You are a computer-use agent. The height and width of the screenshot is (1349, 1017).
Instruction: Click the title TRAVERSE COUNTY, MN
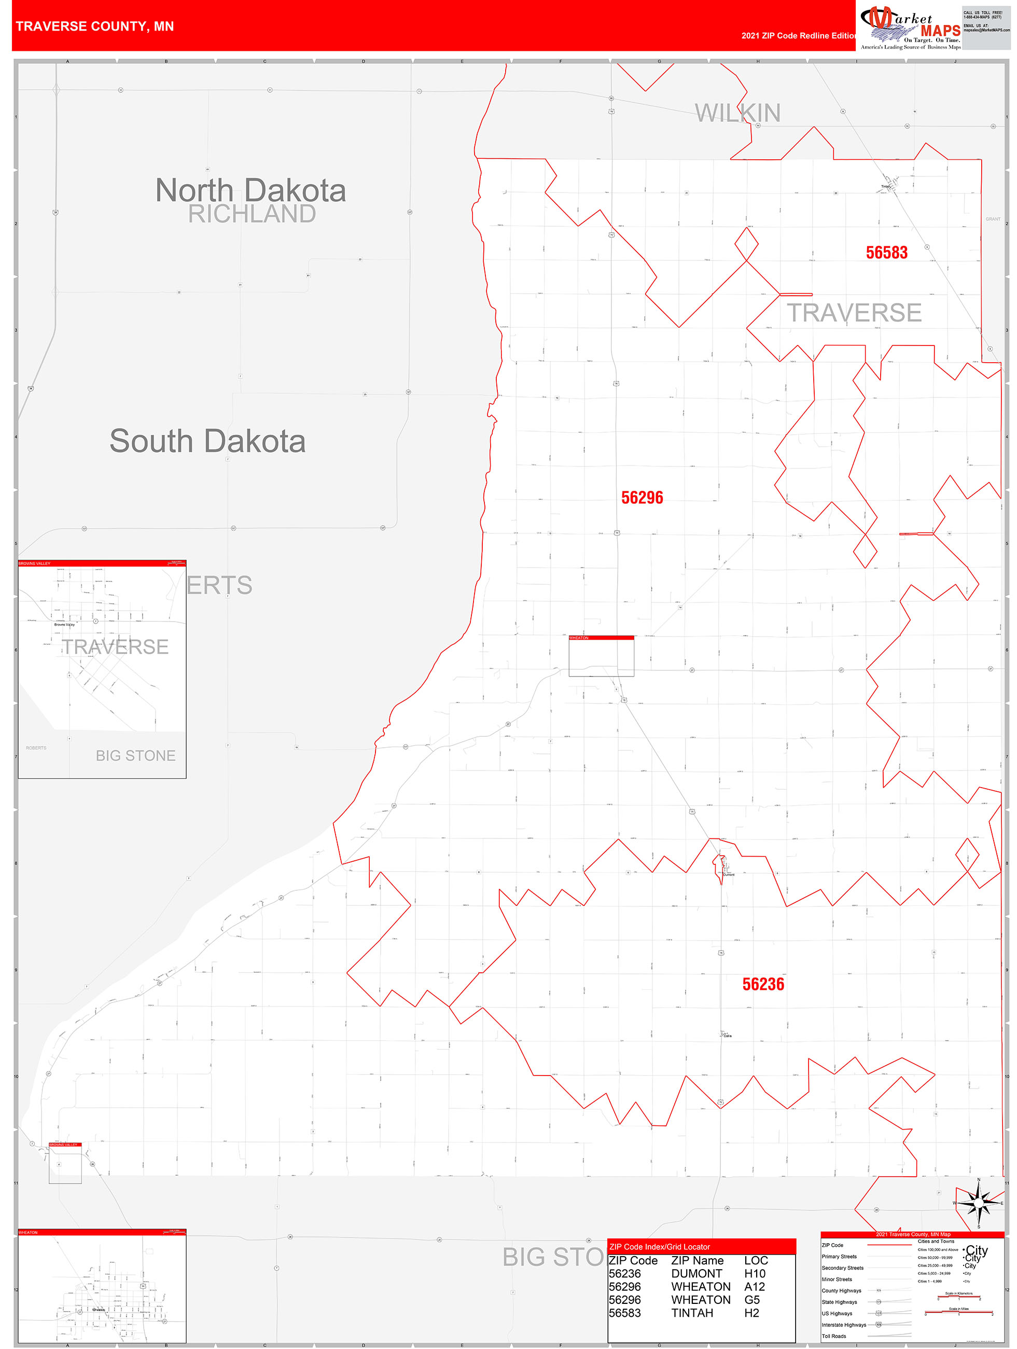pyautogui.click(x=94, y=26)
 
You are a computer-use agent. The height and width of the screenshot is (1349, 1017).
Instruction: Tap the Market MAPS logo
pyautogui.click(x=910, y=28)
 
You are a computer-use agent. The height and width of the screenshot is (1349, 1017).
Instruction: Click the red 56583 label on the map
pyautogui.click(x=886, y=253)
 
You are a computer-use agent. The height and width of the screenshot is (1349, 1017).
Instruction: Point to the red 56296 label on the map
pyautogui.click(x=642, y=498)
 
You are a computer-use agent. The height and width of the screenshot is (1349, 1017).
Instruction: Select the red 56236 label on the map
pyautogui.click(x=763, y=984)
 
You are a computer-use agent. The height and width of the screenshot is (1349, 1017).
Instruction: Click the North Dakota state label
pyautogui.click(x=250, y=190)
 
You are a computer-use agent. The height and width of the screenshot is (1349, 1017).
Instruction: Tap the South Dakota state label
pyautogui.click(x=207, y=441)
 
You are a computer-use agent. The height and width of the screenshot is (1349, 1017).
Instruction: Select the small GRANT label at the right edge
pyautogui.click(x=993, y=219)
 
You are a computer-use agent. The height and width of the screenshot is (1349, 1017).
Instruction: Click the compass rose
pyautogui.click(x=979, y=1203)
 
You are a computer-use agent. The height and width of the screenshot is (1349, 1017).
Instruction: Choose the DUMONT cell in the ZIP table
pyautogui.click(x=696, y=1273)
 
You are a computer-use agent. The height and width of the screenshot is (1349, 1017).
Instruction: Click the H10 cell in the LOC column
pyautogui.click(x=754, y=1273)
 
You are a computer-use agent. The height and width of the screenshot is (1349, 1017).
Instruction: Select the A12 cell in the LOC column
pyautogui.click(x=754, y=1286)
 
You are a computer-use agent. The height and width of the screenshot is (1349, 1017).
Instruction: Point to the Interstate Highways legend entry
pyautogui.click(x=844, y=1325)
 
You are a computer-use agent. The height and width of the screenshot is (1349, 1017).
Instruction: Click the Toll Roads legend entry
pyautogui.click(x=833, y=1336)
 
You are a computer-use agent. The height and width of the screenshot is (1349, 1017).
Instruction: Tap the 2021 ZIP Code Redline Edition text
pyautogui.click(x=799, y=35)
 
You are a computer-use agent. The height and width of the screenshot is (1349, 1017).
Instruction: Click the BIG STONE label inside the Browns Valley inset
pyautogui.click(x=135, y=755)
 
